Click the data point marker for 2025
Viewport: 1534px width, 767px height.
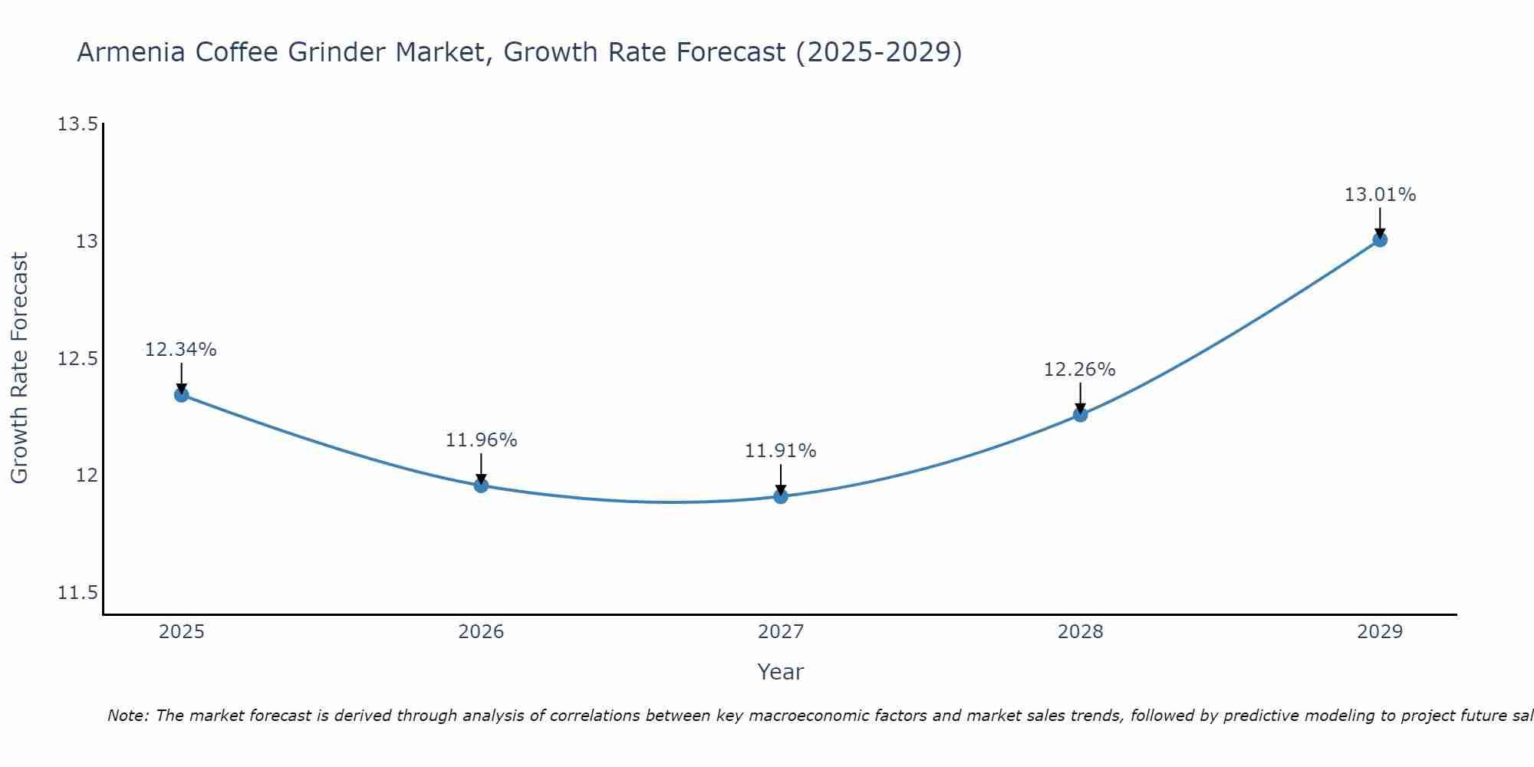[182, 395]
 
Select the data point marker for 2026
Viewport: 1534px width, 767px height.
[481, 485]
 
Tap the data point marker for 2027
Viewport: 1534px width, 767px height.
[781, 496]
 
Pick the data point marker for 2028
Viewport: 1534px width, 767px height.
[1080, 414]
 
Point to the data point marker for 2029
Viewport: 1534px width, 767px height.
[1380, 239]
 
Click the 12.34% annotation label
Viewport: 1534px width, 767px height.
[181, 350]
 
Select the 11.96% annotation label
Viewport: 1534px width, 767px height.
[481, 440]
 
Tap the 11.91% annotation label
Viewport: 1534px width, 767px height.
[780, 451]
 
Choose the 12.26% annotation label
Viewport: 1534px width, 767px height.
[1079, 370]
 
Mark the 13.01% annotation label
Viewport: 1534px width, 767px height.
[1380, 195]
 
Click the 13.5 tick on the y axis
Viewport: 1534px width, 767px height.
[77, 124]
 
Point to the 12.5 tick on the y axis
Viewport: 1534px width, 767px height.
[77, 359]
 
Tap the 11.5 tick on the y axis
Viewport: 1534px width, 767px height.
[77, 593]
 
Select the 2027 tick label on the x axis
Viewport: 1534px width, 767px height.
[781, 632]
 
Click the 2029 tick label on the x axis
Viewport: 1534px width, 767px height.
[1380, 632]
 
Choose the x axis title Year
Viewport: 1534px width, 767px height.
[780, 672]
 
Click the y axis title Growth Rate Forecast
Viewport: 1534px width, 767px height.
[19, 368]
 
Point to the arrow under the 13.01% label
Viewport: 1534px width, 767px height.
[1380, 222]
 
